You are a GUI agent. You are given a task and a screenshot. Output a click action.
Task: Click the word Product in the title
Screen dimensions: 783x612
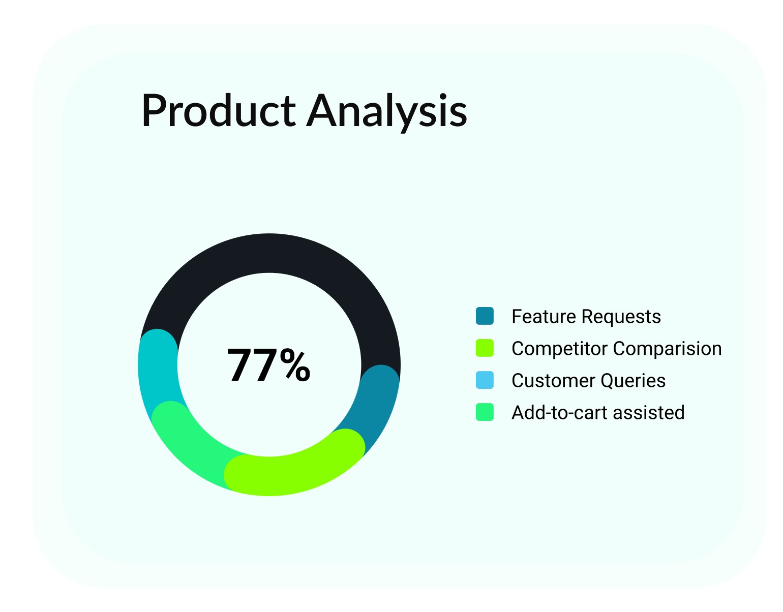coord(218,110)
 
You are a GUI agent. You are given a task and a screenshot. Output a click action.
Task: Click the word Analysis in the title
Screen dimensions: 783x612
coord(386,112)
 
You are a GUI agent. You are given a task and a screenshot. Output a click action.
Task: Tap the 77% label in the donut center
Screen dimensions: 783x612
coord(268,365)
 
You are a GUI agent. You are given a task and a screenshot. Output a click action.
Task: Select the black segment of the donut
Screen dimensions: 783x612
coord(269,253)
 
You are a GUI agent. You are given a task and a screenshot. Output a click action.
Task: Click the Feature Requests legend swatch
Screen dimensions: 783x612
coord(485,316)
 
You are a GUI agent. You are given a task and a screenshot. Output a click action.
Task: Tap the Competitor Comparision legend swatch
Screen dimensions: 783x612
coord(485,348)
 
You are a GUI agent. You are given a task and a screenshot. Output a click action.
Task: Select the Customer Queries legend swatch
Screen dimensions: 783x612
coord(485,380)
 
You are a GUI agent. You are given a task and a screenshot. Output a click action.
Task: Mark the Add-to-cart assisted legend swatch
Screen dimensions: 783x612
coord(485,412)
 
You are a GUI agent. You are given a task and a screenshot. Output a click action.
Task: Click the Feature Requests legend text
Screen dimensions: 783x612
coord(586,317)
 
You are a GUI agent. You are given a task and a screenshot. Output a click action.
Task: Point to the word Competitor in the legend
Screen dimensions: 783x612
coord(560,349)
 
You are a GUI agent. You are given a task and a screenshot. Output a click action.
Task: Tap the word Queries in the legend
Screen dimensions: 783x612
coord(633,381)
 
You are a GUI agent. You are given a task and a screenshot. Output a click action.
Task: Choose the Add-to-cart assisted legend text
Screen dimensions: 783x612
coord(598,412)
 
